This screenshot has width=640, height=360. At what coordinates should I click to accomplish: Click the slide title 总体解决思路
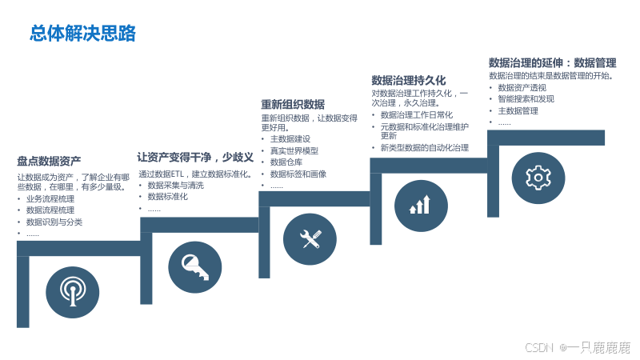tap(83, 33)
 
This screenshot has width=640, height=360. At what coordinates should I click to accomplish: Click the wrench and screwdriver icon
tap(310, 238)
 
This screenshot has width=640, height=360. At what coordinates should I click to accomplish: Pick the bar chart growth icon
tap(420, 205)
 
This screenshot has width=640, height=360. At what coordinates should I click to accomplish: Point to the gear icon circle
tap(538, 176)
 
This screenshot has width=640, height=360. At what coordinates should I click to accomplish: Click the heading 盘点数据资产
tap(49, 161)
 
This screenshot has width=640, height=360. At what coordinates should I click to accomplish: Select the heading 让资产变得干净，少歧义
tap(195, 157)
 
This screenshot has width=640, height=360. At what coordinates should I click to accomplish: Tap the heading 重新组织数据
tap(293, 104)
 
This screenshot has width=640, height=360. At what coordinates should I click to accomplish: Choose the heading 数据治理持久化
tap(409, 80)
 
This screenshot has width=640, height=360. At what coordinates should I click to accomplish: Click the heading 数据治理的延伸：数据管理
tap(552, 62)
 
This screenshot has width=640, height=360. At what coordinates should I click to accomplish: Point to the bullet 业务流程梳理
tap(50, 198)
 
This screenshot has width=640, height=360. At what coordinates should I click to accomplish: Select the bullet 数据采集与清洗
tap(175, 185)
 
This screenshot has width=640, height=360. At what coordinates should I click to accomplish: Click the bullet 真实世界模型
tap(294, 150)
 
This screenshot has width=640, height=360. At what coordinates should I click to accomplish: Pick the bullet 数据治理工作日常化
tap(416, 114)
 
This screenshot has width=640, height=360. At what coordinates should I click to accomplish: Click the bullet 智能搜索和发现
tap(526, 99)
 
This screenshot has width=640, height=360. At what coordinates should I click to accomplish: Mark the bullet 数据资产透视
tap(522, 87)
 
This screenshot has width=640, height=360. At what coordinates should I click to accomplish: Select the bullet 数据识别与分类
tap(54, 222)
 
